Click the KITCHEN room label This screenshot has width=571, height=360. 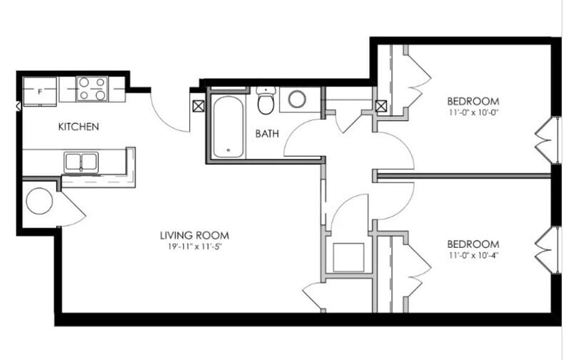pos(79,127)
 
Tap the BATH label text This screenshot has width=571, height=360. pos(266,133)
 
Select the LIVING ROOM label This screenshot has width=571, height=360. pos(194,235)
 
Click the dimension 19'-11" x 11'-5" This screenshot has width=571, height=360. pos(194,246)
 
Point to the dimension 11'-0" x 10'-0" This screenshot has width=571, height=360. pos(473,113)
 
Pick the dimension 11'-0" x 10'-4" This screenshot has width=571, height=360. pos(473,254)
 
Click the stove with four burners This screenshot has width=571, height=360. pos(92,89)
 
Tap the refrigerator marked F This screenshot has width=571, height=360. pos(40,91)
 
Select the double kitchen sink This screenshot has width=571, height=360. pos(81,162)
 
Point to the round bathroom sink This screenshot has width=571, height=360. pos(297,99)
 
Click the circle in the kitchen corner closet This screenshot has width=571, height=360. pos(39,201)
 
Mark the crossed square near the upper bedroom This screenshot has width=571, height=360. pos(382,106)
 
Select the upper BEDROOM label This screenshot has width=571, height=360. pos(473,101)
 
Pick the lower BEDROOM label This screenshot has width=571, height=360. pos(473,242)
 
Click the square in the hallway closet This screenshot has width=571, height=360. pos(348,257)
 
